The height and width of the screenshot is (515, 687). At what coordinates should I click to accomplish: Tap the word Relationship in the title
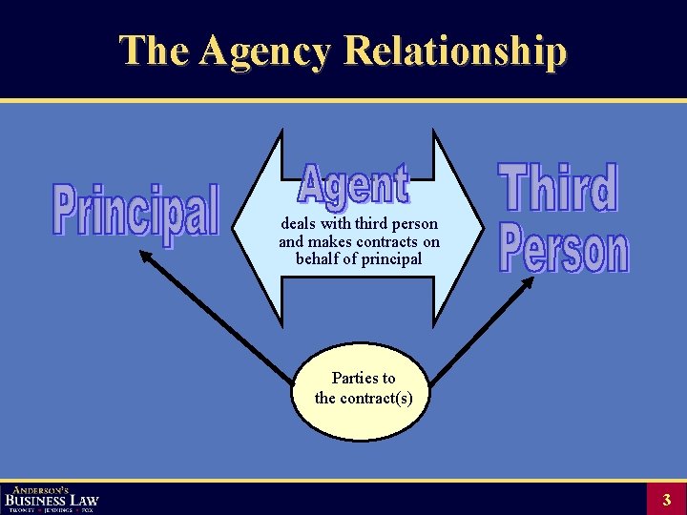point(455,51)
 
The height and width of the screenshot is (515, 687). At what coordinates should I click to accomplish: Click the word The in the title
point(154,51)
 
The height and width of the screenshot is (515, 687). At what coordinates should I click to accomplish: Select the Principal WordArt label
point(135,210)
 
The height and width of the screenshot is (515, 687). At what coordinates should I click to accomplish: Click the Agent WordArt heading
point(354,185)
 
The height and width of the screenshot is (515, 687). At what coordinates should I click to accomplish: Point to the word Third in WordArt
point(558,187)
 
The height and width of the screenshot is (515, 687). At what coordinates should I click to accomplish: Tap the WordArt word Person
point(564,250)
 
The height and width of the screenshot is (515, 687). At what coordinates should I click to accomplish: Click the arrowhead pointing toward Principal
point(146,255)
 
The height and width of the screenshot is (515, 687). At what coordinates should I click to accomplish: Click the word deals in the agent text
point(299,223)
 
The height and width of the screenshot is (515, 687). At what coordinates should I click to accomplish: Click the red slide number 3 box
point(667,499)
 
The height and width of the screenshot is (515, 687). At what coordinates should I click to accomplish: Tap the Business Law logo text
point(52,500)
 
